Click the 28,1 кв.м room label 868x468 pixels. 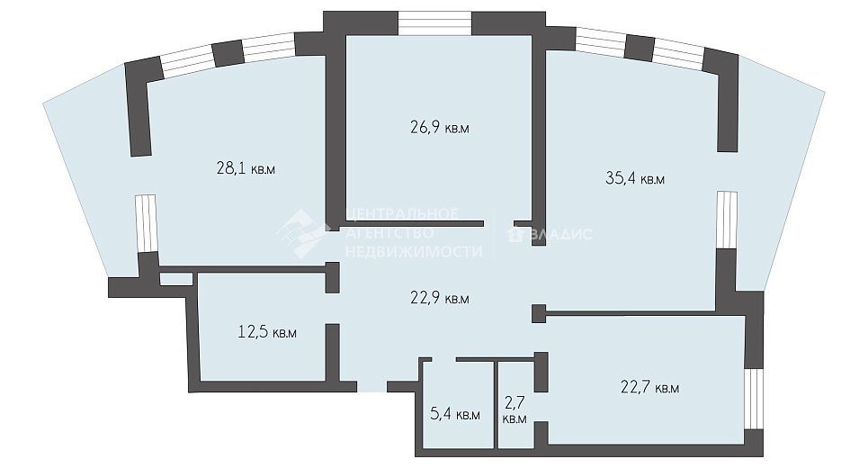(x=246, y=168)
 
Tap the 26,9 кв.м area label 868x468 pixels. (x=440, y=128)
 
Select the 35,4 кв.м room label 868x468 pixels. (x=635, y=178)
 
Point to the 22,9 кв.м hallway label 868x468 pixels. (x=440, y=298)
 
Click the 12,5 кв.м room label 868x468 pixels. (x=267, y=332)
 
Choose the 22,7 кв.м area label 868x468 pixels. (x=650, y=387)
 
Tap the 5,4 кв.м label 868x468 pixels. (x=455, y=414)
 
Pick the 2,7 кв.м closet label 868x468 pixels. (x=515, y=409)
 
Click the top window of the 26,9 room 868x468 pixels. (x=435, y=23)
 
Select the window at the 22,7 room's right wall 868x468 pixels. (x=754, y=398)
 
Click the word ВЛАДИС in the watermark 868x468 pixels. (x=559, y=234)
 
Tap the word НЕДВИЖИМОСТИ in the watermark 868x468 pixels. (x=414, y=251)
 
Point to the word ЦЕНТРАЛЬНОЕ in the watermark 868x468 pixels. (x=402, y=214)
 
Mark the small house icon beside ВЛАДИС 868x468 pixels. (x=515, y=234)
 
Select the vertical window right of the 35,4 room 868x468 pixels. (x=726, y=220)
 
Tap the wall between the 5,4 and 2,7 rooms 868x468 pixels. (x=496, y=404)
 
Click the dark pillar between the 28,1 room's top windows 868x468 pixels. (x=228, y=53)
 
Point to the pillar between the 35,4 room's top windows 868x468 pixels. (x=640, y=49)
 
